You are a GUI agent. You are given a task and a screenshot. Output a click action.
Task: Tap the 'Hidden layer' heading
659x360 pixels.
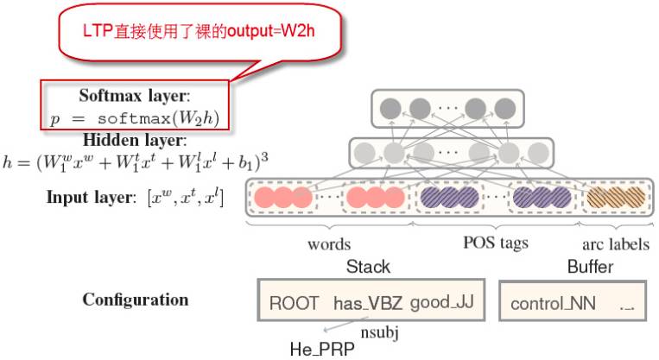(x=136, y=140)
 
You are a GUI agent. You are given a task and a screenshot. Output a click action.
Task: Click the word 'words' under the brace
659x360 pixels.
(x=329, y=244)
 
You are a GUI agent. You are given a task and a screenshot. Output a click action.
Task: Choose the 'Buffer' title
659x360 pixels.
(x=590, y=267)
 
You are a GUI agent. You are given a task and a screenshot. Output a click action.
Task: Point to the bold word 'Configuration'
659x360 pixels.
(x=135, y=300)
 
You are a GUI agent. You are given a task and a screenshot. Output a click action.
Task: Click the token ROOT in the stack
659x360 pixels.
(x=294, y=303)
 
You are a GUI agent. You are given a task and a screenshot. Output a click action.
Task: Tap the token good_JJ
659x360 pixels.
(x=443, y=303)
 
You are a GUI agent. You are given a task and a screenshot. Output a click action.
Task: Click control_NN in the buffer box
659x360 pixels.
(x=548, y=304)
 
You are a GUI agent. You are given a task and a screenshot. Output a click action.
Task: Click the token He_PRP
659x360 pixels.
(x=322, y=350)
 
